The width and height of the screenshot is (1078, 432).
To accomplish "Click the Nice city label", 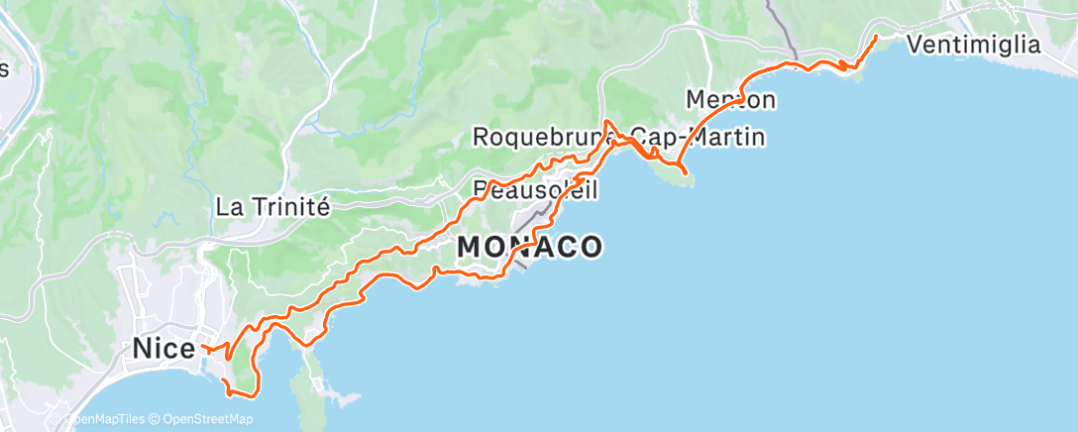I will click(163, 349).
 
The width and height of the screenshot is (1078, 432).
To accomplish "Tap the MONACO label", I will click(530, 247).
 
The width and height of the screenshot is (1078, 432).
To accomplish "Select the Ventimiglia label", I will click(974, 45).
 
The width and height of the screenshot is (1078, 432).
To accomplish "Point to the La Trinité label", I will click(272, 207).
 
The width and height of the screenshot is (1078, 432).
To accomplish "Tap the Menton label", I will click(730, 99).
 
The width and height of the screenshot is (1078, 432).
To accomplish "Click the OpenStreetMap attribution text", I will click(208, 420).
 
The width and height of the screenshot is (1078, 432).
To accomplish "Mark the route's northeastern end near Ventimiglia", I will click(875, 37).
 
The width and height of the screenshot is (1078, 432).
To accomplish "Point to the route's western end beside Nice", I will click(202, 347).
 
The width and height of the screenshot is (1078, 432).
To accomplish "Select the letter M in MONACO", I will click(472, 247).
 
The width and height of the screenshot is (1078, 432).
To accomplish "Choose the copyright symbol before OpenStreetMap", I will click(157, 420).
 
